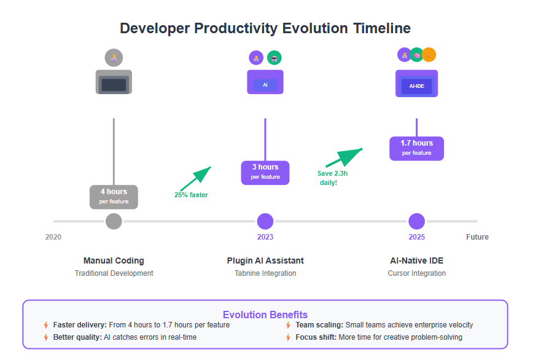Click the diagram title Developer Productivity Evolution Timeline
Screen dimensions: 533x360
(x=265, y=28)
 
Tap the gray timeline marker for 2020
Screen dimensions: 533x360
(x=114, y=221)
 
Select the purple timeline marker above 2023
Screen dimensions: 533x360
(x=265, y=221)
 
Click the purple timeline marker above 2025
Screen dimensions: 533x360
(x=417, y=221)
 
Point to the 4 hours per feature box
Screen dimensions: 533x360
(x=114, y=197)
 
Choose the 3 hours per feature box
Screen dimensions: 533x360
(x=265, y=173)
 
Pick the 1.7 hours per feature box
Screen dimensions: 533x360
(x=417, y=149)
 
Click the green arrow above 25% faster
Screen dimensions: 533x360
(x=196, y=179)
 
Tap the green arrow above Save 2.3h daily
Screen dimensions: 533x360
(x=344, y=157)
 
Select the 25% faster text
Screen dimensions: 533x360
(x=191, y=195)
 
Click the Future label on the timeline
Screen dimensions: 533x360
(x=477, y=237)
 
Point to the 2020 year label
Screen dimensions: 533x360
(x=53, y=237)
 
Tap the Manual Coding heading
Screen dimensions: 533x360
(x=114, y=260)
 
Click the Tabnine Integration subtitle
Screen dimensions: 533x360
(x=265, y=273)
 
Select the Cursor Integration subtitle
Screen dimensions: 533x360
(x=417, y=273)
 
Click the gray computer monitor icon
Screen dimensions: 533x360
(x=114, y=82)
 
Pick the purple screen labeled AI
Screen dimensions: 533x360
(x=265, y=82)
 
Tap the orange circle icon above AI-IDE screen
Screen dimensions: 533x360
(x=429, y=55)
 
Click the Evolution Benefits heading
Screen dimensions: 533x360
(x=265, y=315)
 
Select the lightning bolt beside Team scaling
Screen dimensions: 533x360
(x=288, y=325)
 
